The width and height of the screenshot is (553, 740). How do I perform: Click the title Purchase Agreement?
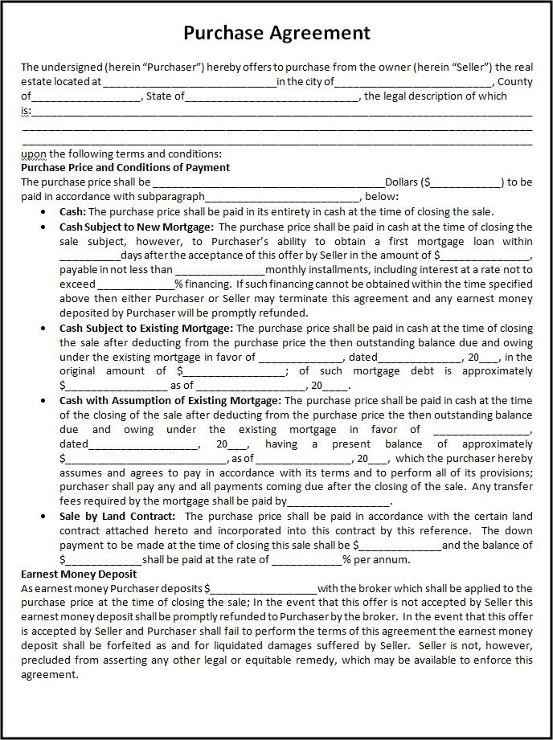276,32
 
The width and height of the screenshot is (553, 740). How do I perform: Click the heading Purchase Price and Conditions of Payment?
125,167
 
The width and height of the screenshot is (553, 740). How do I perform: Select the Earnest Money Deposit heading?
79,574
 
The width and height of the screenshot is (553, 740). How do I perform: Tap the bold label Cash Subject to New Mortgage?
135,227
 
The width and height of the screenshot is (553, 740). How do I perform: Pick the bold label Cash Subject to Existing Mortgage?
146,328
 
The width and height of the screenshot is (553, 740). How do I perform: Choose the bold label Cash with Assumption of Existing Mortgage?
170,399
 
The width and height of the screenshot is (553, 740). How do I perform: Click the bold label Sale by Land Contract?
117,516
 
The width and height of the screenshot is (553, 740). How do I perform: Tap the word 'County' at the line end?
514,81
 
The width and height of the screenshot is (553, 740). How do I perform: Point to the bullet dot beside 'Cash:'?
43,212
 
